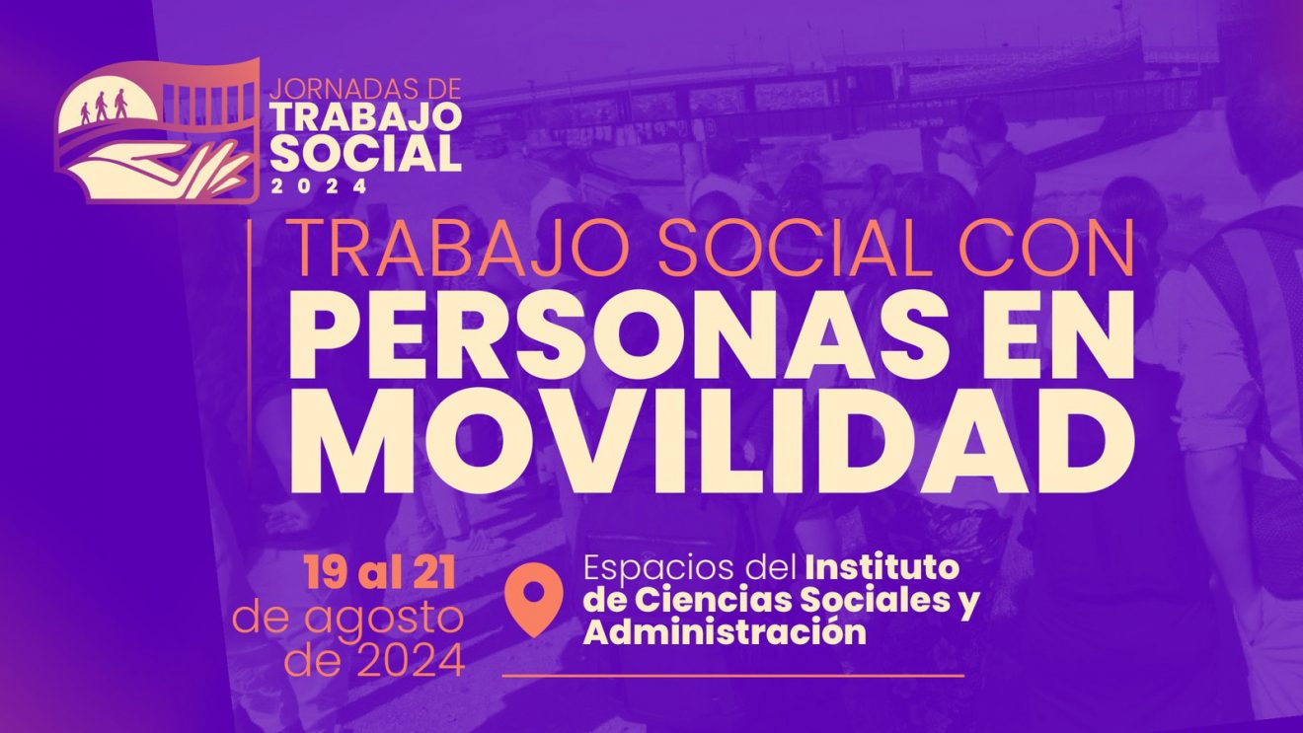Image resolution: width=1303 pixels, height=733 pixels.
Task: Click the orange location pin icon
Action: [533, 599]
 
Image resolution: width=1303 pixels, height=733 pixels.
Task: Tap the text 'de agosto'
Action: [348, 619]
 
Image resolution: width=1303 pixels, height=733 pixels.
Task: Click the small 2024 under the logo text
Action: [319, 186]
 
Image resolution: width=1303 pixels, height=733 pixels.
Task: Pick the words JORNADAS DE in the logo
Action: [366, 89]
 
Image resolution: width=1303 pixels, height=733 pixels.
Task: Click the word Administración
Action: [725, 631]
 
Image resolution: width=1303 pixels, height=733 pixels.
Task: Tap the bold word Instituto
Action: [882, 568]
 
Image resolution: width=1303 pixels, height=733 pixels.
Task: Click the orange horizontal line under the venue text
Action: [732, 676]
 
